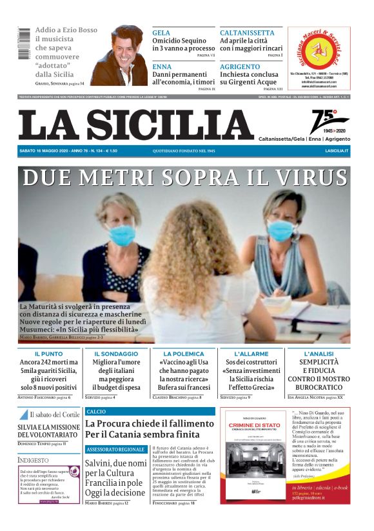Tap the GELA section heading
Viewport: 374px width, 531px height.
pos(161,32)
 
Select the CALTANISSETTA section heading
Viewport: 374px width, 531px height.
pos(247,32)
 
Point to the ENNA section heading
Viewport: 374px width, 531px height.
pos(162,66)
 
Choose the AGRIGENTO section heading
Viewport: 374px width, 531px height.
pos(240,66)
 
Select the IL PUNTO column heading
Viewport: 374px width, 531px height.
pos(48,354)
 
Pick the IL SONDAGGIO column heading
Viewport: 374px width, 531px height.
pos(116,354)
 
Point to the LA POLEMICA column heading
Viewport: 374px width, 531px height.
pos(184,354)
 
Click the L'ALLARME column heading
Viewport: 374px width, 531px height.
pos(251,354)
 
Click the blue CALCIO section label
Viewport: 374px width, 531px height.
pos(96,411)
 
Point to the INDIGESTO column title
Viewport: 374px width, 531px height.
pos(33,460)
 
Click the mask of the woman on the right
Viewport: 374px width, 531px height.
pos(281,230)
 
